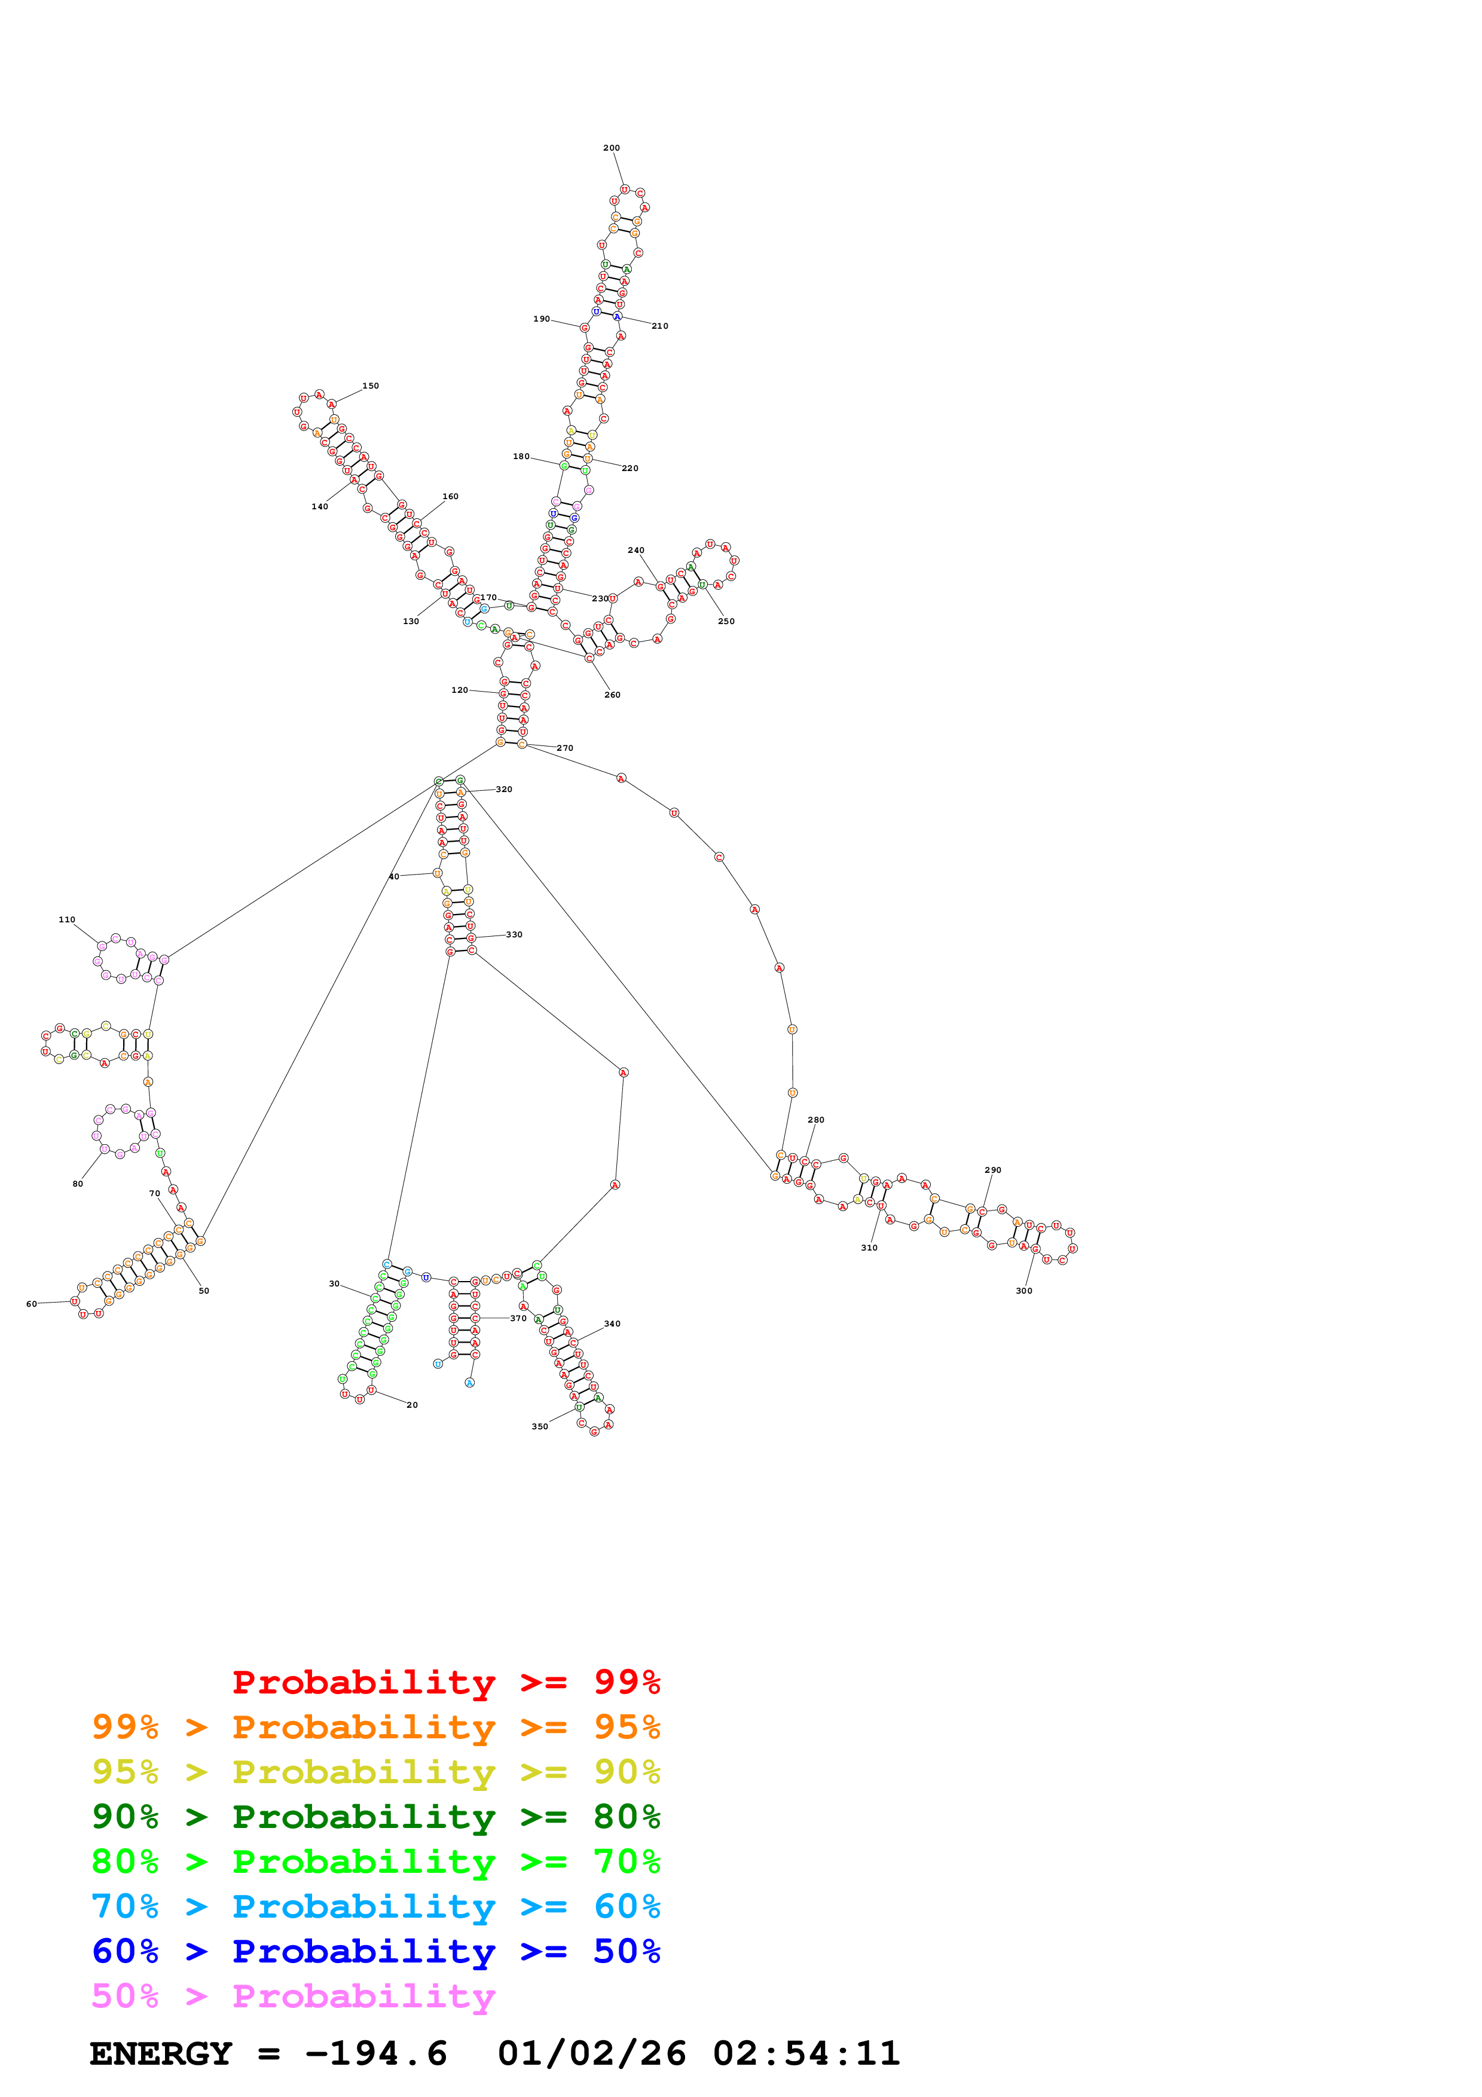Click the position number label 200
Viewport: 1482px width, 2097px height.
click(611, 148)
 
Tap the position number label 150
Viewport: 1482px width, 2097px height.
click(370, 386)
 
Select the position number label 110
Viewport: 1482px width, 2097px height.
click(67, 920)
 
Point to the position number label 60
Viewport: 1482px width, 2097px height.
click(31, 1304)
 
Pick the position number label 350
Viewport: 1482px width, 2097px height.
click(540, 1427)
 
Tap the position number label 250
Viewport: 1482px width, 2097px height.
click(726, 622)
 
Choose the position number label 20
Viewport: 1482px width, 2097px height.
click(412, 1405)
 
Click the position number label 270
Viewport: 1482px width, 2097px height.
click(565, 748)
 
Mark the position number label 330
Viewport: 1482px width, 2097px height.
click(514, 934)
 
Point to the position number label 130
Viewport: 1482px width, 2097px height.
click(411, 622)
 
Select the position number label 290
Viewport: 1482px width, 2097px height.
click(992, 1170)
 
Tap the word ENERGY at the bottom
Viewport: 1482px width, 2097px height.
click(161, 2054)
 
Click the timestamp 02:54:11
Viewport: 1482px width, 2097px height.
click(806, 2054)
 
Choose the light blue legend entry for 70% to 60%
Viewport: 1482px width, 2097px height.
click(375, 1907)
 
